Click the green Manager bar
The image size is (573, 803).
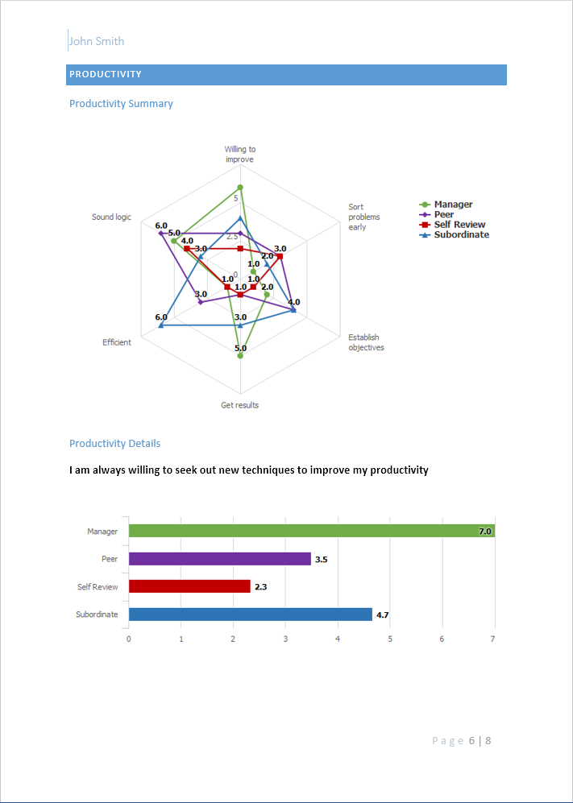coord(311,531)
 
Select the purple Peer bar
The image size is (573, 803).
coord(219,559)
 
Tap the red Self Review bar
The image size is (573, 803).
coord(189,586)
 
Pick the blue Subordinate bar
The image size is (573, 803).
coord(250,615)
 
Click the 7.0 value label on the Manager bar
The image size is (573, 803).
coord(484,532)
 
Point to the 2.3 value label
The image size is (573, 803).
coord(261,587)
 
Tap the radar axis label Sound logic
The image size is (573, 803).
coord(111,217)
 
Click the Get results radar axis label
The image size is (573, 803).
coord(240,405)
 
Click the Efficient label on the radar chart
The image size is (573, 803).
coord(117,342)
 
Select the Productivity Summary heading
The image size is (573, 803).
coord(121,104)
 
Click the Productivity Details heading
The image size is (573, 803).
coord(114,444)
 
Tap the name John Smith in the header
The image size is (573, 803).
coord(97,41)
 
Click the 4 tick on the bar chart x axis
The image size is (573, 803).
coord(338,640)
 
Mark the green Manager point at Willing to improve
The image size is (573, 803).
coord(240,188)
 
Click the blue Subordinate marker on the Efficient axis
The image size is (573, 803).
coord(161,325)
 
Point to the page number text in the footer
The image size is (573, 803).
coord(461,741)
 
